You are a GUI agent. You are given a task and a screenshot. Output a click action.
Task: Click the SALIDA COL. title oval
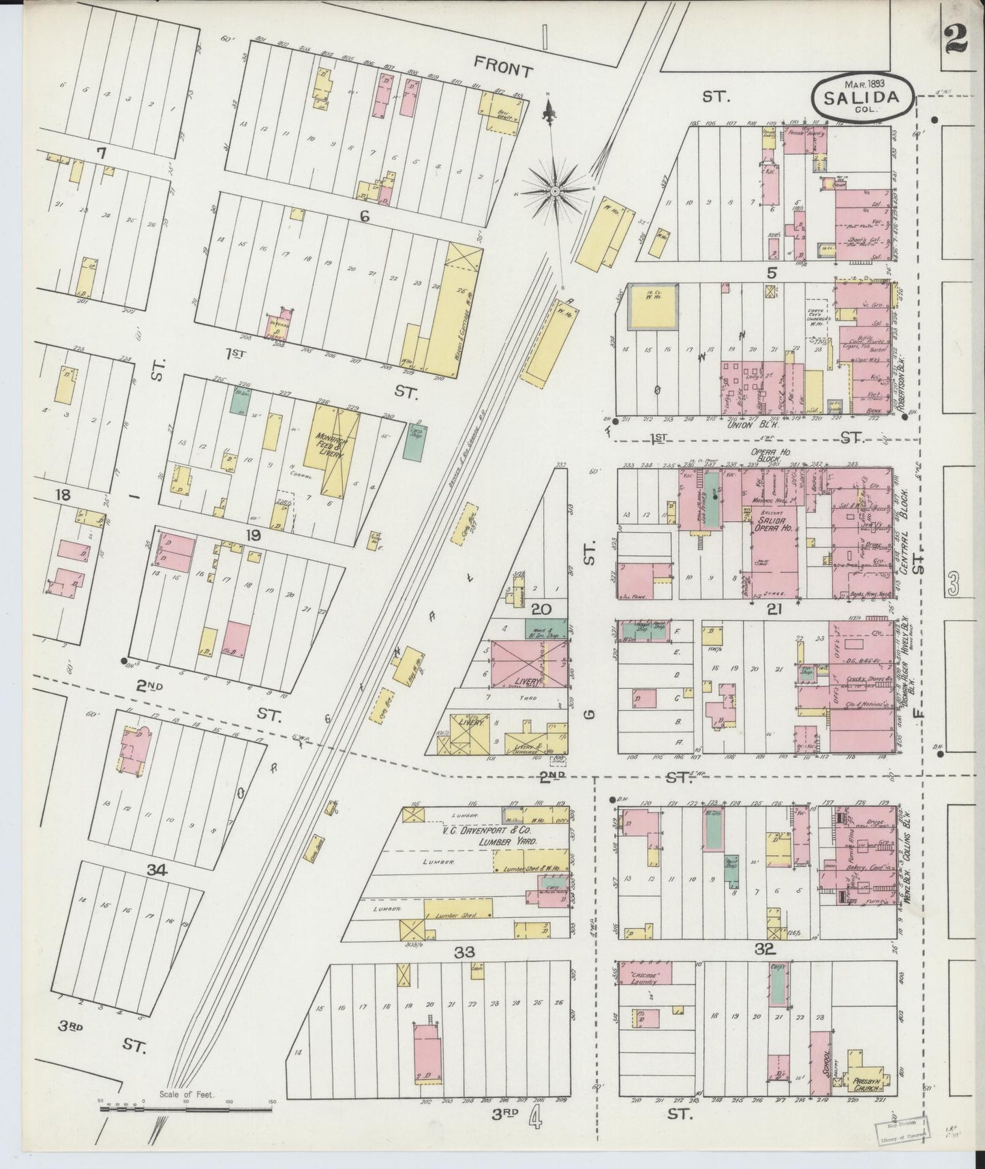(862, 95)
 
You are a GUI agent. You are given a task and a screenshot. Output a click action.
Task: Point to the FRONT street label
(503, 67)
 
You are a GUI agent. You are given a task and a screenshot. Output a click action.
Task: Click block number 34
(156, 869)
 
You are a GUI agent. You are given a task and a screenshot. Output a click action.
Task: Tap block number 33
(464, 952)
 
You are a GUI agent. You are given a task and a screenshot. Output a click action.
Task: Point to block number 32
(763, 948)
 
